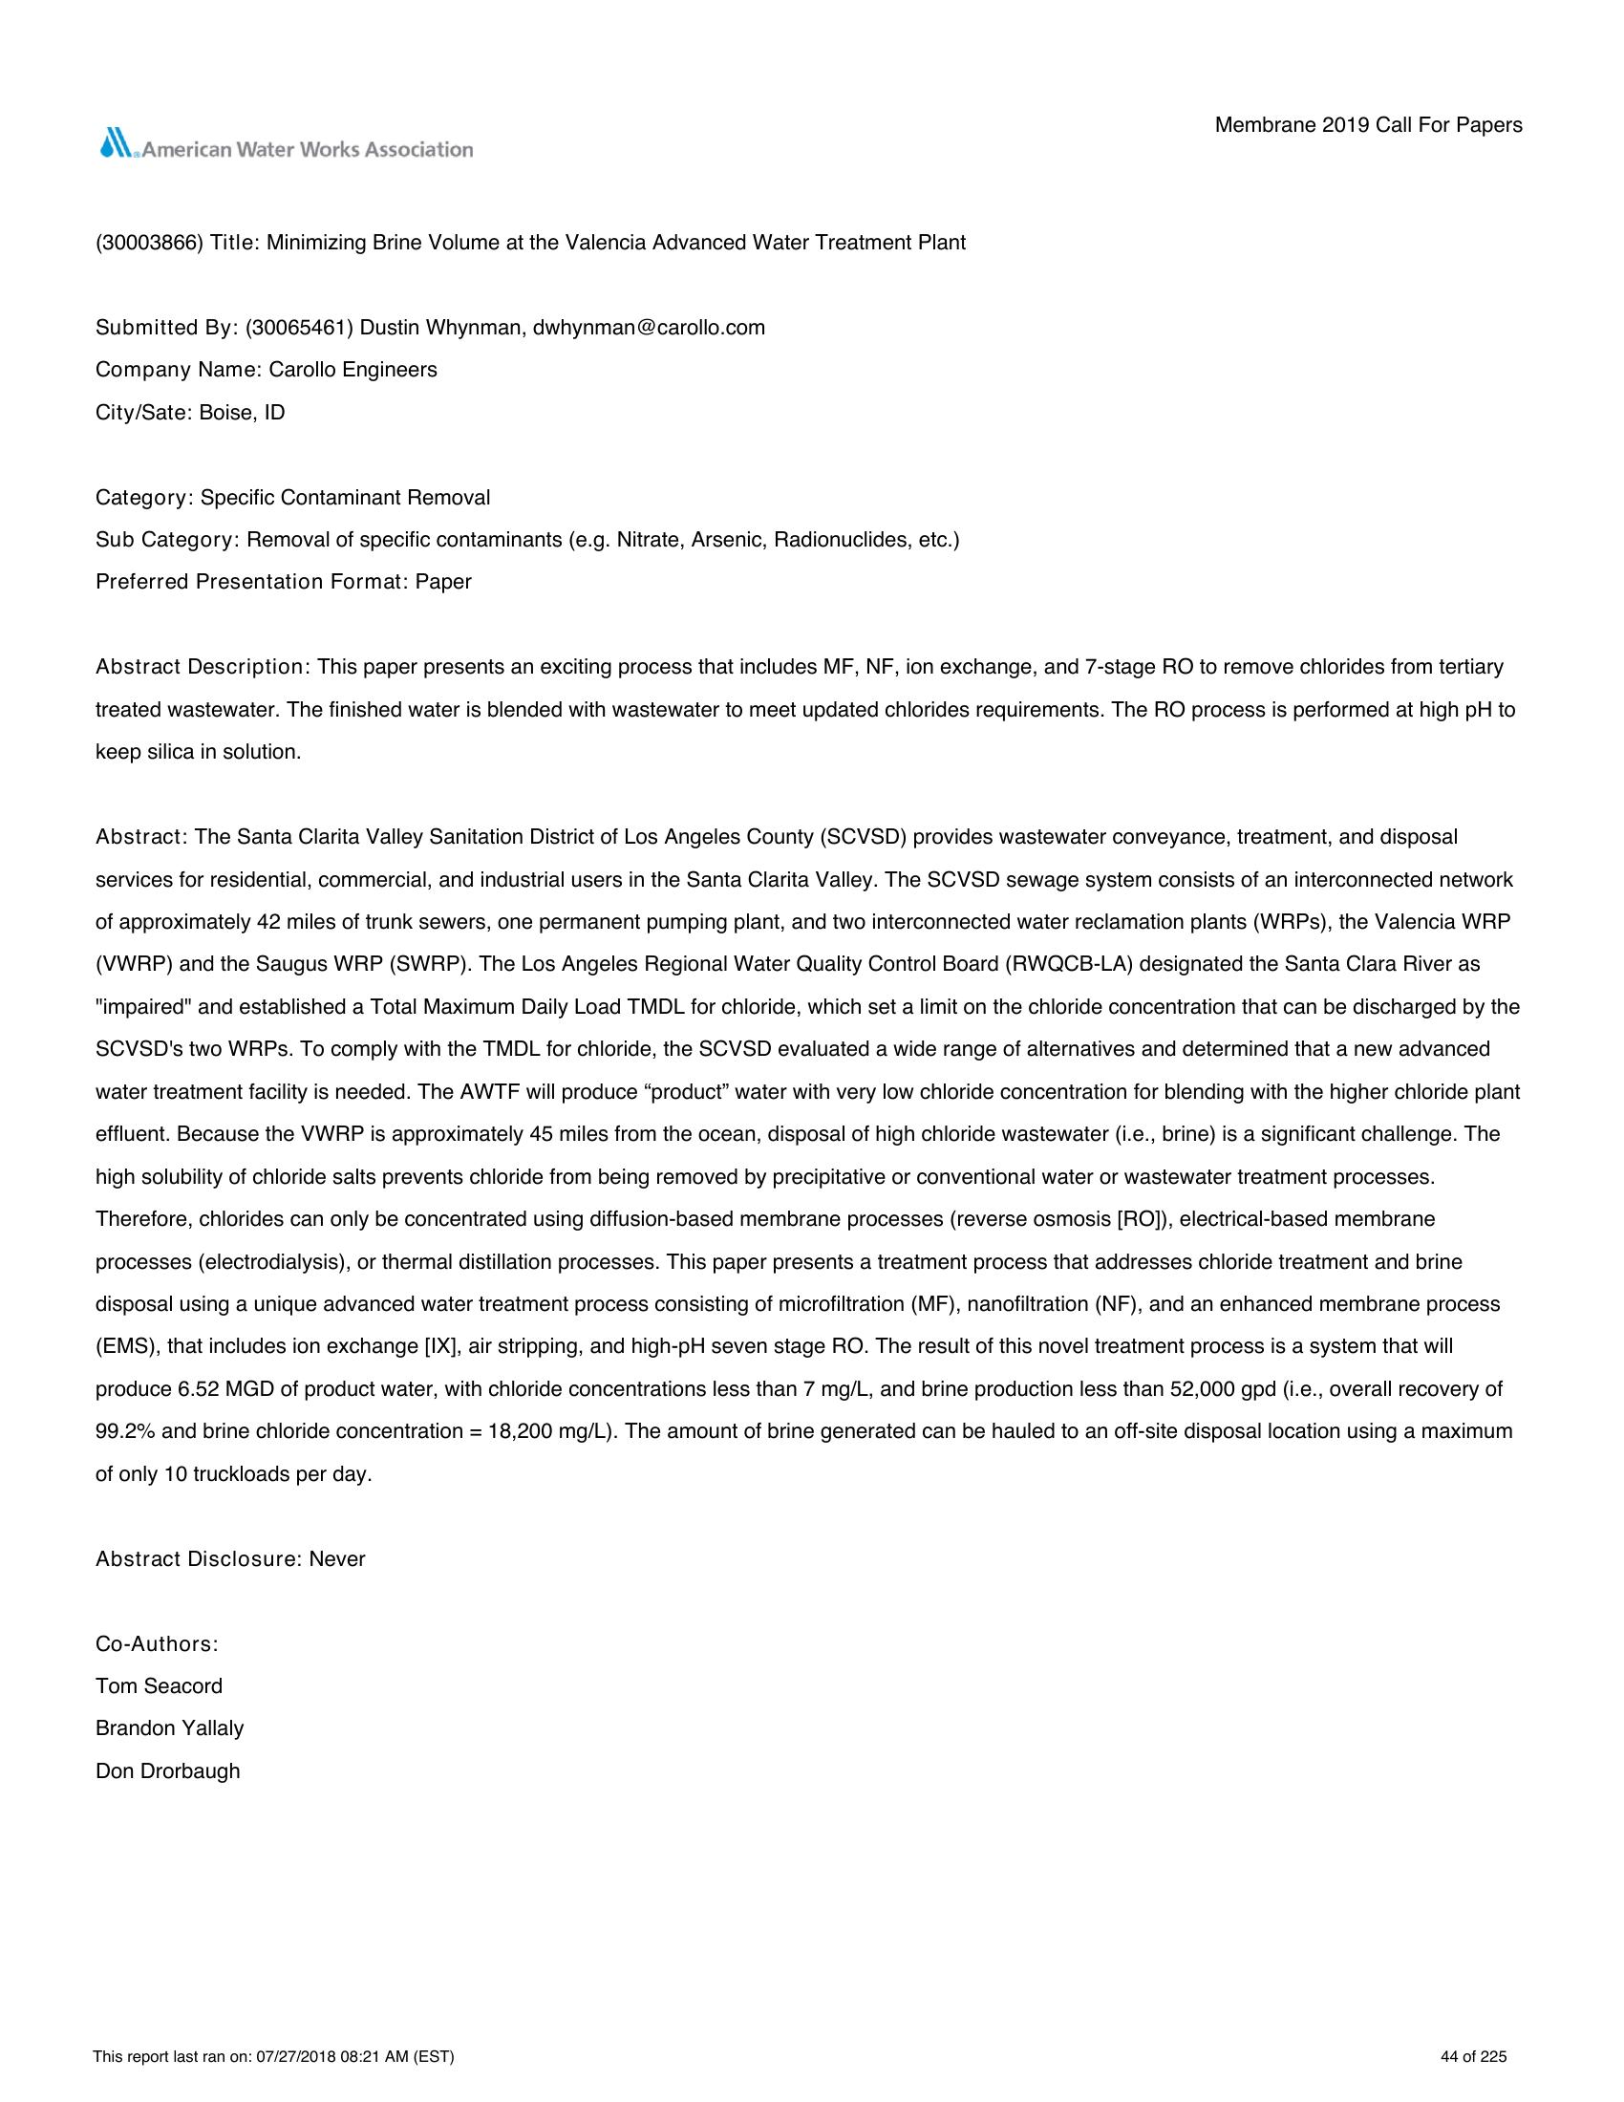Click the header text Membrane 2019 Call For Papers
coord(1368,125)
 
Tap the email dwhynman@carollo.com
coord(649,327)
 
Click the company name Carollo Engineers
coord(353,370)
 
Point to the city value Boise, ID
coord(242,413)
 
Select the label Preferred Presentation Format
coord(251,582)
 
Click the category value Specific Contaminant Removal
coord(345,498)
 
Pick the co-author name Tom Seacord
coord(159,1686)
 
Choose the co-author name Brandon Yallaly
coord(169,1728)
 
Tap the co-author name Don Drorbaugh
coord(167,1770)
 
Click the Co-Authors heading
coord(157,1644)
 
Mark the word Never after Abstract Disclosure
coord(336,1559)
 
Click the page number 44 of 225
coord(1474,2058)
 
